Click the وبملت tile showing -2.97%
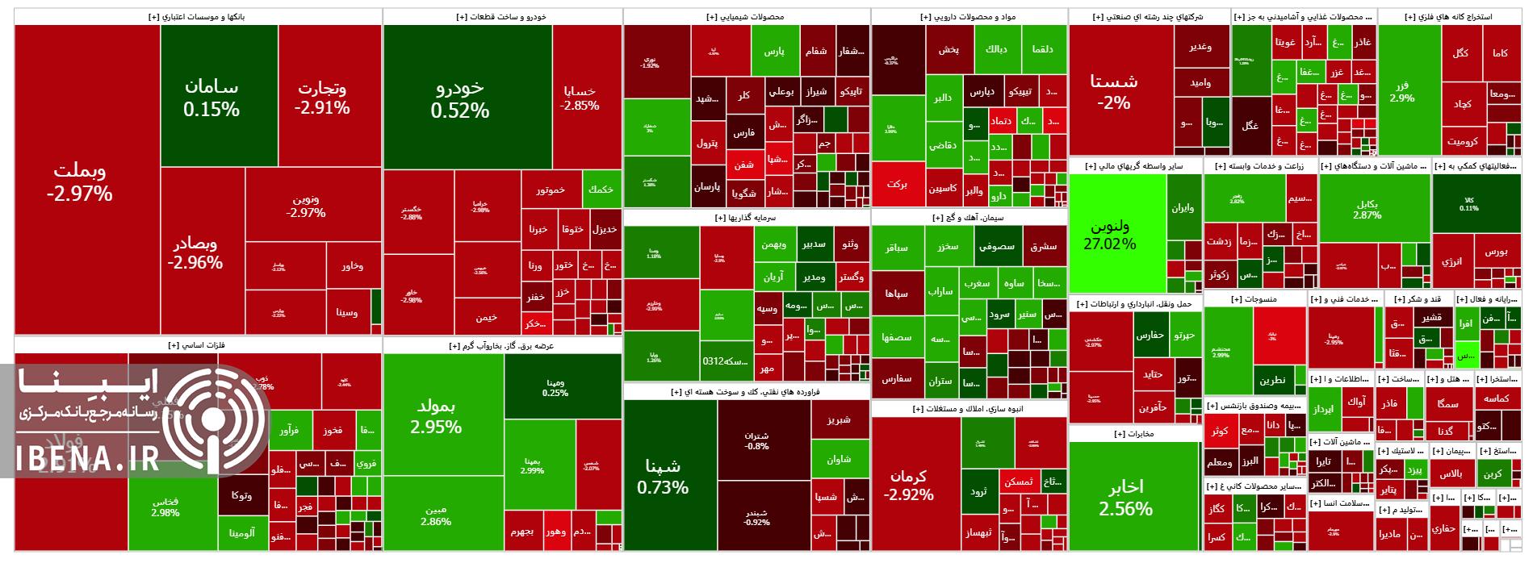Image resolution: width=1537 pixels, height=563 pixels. (79, 182)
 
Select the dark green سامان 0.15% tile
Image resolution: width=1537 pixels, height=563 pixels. (211, 98)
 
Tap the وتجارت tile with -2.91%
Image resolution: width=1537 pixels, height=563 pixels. (321, 97)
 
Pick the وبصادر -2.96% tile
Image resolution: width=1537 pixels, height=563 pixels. (195, 252)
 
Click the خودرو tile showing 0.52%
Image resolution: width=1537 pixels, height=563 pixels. (459, 98)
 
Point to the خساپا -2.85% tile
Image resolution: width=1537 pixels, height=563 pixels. (580, 98)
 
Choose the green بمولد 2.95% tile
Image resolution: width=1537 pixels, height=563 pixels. (435, 415)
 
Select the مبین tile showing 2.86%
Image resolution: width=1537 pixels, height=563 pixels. (435, 515)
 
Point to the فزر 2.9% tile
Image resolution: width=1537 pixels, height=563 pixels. (1401, 92)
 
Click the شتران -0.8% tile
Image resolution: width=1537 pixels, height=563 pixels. (756, 440)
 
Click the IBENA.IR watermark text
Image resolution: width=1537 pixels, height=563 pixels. (88, 461)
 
